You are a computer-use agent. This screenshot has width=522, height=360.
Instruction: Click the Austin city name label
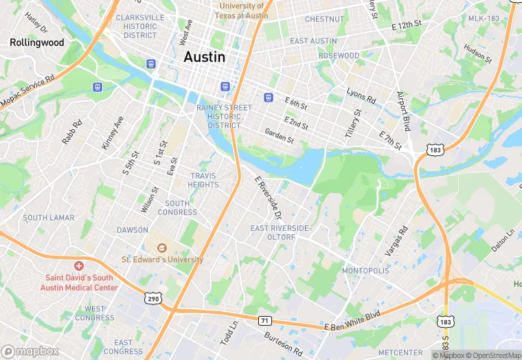[204, 57]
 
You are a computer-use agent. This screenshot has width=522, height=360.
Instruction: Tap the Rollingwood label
[37, 43]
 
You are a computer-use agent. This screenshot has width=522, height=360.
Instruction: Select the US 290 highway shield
[153, 297]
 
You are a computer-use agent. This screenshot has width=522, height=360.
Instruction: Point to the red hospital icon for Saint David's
[79, 266]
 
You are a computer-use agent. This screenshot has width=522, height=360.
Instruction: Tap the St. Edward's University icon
[163, 248]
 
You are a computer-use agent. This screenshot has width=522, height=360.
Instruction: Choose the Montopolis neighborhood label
[365, 271]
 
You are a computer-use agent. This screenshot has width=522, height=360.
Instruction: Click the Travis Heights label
[204, 180]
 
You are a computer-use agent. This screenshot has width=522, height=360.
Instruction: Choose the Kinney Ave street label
[112, 133]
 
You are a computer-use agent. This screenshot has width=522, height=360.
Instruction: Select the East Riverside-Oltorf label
[281, 233]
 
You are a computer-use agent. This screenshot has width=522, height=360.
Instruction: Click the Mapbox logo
[30, 351]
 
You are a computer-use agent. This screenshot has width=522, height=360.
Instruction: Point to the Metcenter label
[400, 352]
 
